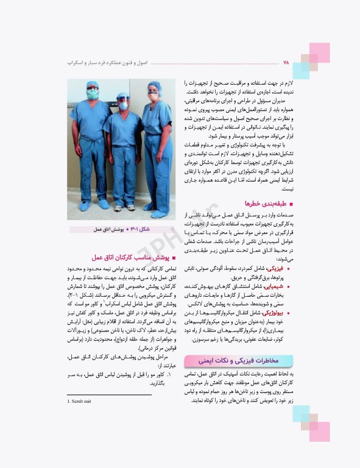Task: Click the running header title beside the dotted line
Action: point(107,63)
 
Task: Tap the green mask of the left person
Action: point(91,95)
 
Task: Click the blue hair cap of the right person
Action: point(155,86)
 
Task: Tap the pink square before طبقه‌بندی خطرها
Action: point(291,204)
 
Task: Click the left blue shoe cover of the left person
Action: point(83,206)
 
